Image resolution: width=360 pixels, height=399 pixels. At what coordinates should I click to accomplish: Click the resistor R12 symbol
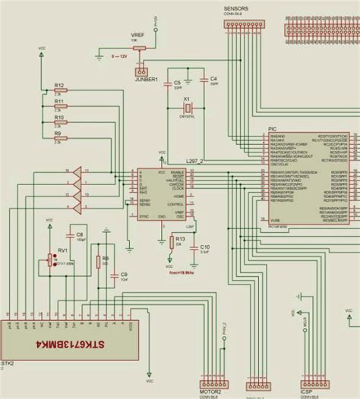[61, 90]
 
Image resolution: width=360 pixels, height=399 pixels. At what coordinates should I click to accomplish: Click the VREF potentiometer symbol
[139, 50]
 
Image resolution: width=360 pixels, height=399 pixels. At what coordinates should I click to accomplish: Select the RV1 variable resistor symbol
[51, 260]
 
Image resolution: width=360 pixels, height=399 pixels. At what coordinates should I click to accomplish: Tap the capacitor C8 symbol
[80, 237]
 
